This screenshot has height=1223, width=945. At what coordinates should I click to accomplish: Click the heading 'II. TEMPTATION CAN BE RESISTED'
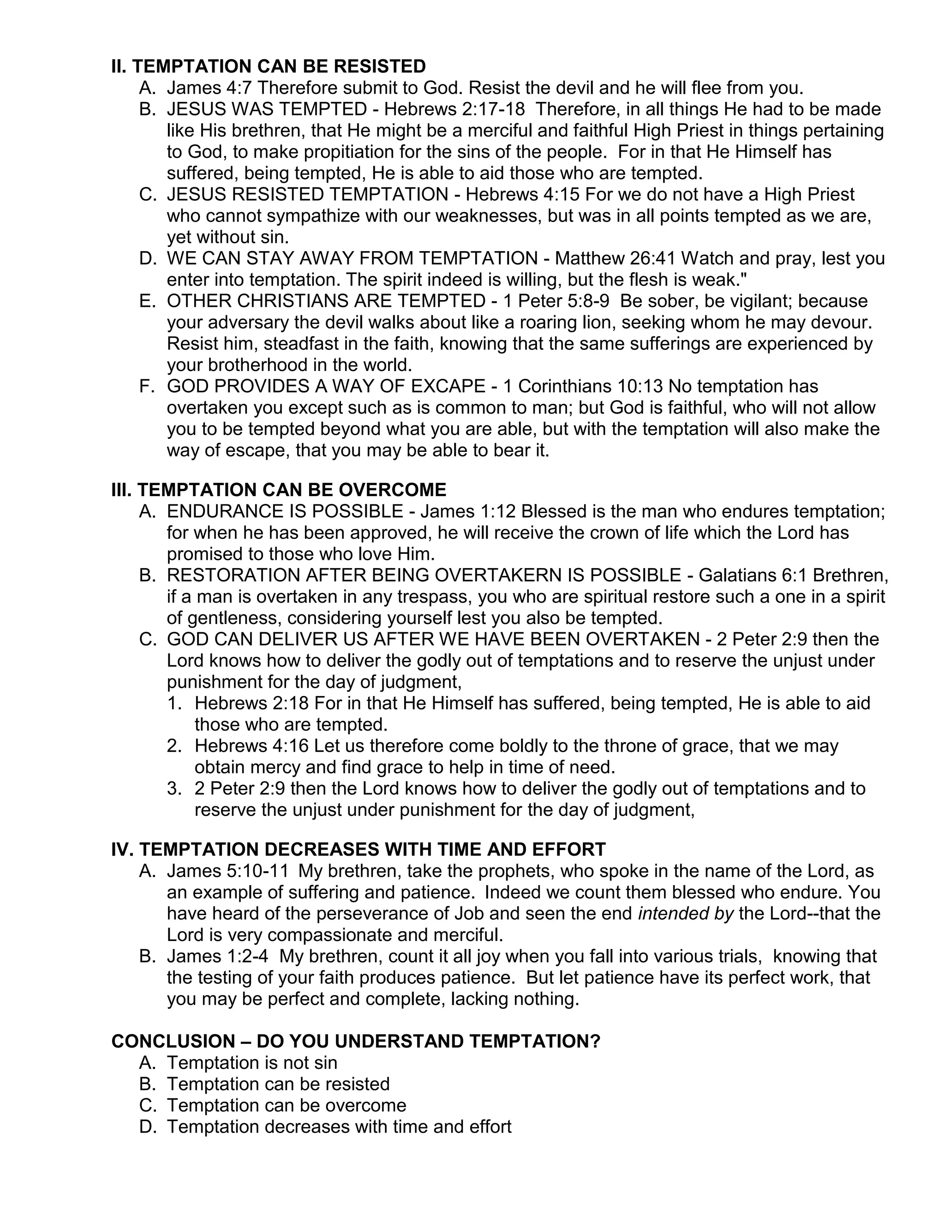268,66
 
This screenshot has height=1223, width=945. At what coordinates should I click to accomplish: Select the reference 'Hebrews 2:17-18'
454,109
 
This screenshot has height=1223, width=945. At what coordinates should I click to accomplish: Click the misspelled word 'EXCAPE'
449,386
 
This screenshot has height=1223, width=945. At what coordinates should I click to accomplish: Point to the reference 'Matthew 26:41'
615,259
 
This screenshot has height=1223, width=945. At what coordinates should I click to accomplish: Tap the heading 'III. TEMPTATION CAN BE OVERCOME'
279,490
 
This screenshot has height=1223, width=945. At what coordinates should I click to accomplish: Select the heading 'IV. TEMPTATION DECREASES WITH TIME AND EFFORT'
358,850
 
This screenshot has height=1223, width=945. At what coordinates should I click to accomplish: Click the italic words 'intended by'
685,913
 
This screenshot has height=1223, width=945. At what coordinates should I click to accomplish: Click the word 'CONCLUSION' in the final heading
173,1042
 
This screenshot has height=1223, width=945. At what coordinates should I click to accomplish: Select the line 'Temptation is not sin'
252,1063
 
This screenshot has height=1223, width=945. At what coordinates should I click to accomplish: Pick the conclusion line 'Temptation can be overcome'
286,1105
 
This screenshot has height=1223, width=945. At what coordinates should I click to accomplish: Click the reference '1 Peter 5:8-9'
556,301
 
